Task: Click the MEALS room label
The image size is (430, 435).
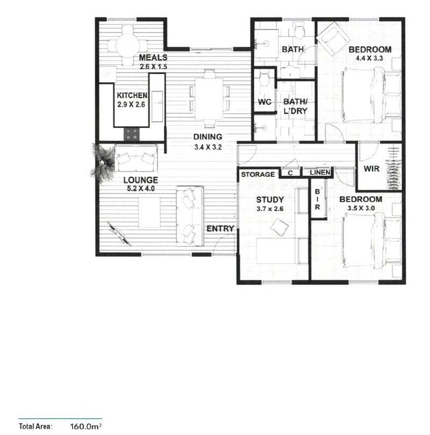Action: [x=153, y=58]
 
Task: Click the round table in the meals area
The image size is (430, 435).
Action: [x=129, y=41]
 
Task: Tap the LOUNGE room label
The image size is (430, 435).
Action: [x=140, y=180]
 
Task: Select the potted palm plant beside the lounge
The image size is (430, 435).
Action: [x=102, y=161]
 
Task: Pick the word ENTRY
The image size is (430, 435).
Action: [x=220, y=229]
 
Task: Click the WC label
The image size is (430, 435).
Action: [x=264, y=102]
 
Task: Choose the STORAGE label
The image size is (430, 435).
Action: [x=258, y=174]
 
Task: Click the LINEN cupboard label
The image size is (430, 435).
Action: [x=320, y=173]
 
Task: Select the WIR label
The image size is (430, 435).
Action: [x=372, y=169]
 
